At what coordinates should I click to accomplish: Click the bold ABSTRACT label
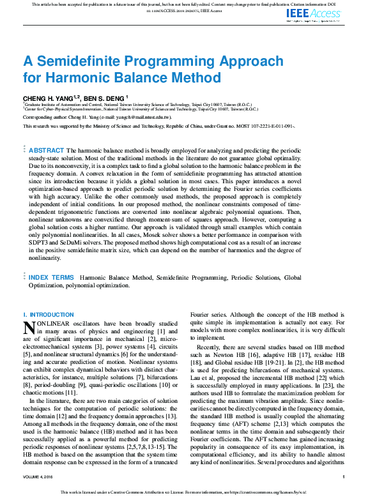coord(47,149)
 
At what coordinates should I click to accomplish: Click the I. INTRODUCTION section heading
coord(49,315)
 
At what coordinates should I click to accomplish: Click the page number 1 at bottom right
coord(343,477)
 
